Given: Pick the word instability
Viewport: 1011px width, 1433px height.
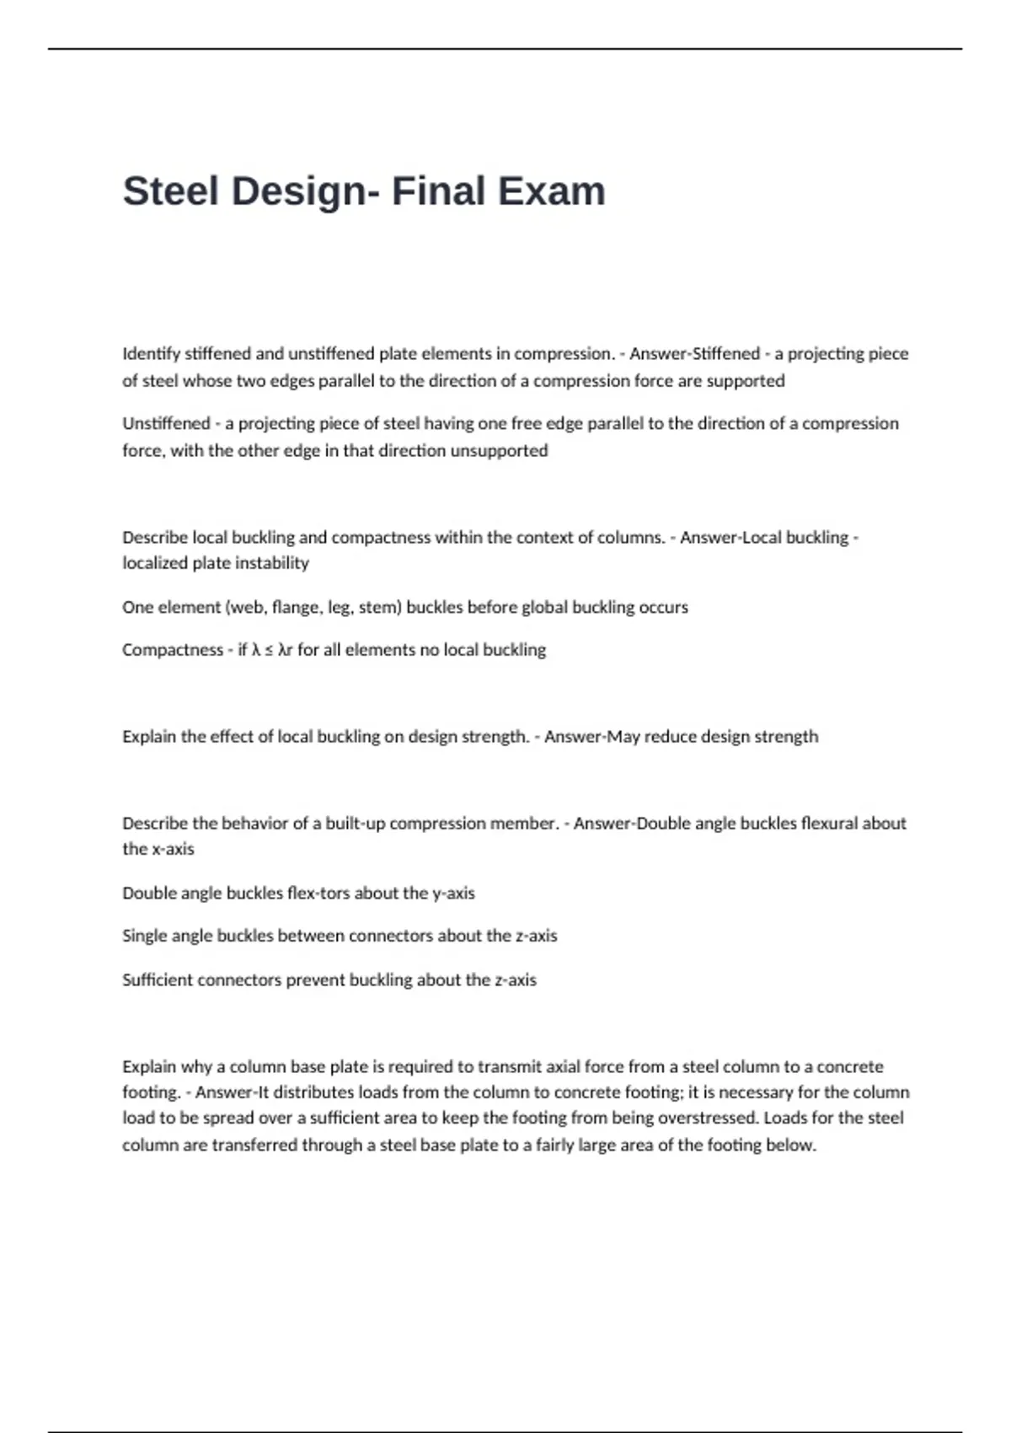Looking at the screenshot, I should coord(263,563).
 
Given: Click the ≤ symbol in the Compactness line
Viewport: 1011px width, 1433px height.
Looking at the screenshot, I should coord(268,651).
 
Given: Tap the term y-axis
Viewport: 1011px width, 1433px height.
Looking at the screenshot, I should coord(453,894).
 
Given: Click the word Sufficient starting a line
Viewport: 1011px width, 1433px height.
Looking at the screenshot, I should coord(158,980).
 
